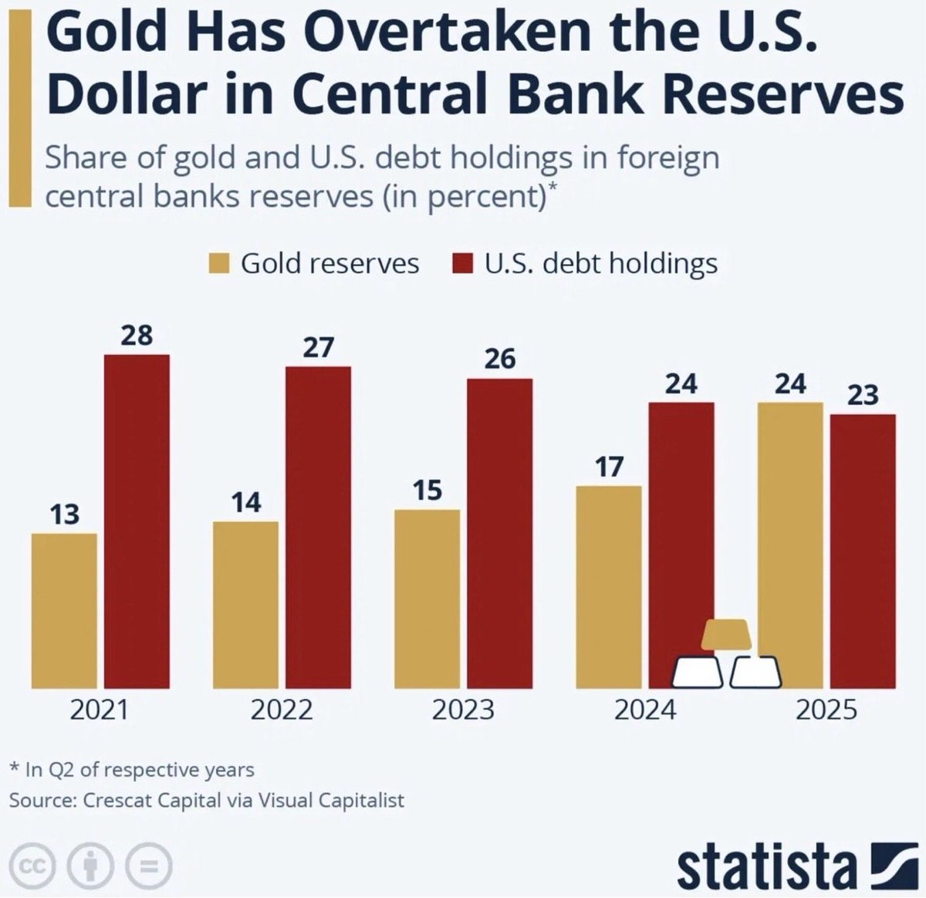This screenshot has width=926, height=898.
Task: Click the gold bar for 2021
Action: coord(64,610)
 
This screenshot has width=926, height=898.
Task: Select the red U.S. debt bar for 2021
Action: coord(137,522)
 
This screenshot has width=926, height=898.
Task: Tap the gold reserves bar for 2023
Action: coord(427,599)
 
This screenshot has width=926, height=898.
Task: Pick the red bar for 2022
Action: coord(318,527)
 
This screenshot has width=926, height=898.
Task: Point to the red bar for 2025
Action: coord(863,551)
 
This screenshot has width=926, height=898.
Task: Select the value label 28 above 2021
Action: coord(137,336)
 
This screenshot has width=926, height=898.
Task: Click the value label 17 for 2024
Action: coord(609,467)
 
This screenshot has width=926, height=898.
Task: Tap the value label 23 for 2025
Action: coord(863,395)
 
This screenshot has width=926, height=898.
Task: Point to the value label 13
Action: coord(64,514)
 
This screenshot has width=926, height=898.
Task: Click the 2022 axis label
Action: coord(282,710)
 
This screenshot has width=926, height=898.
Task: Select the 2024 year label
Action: coord(644,710)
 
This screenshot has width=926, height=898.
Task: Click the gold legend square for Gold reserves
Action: coord(219,264)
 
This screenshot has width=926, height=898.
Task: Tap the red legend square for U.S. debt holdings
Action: coord(461,264)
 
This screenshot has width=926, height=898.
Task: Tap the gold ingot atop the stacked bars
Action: coord(725,634)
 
